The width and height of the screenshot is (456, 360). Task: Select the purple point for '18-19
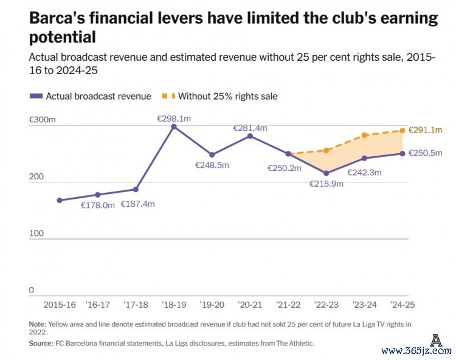point(174,126)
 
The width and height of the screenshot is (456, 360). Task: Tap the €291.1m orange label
point(425,130)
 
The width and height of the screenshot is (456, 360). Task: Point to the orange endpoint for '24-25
point(402,130)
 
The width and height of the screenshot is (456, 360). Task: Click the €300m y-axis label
point(42,120)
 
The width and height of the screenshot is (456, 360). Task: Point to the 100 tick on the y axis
point(36,234)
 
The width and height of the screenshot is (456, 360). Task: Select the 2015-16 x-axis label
point(59,305)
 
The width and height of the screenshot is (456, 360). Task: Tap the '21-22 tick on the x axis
point(288,305)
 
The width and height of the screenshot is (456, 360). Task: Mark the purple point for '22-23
point(326,173)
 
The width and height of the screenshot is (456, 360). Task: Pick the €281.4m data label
point(250,128)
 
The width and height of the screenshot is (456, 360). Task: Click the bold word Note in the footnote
point(38,324)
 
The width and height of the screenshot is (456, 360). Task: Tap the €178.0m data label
point(98,206)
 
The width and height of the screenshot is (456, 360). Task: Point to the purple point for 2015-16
point(60,200)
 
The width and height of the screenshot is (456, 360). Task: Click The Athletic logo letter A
point(435,341)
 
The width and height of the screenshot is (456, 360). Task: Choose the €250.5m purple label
point(425,153)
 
